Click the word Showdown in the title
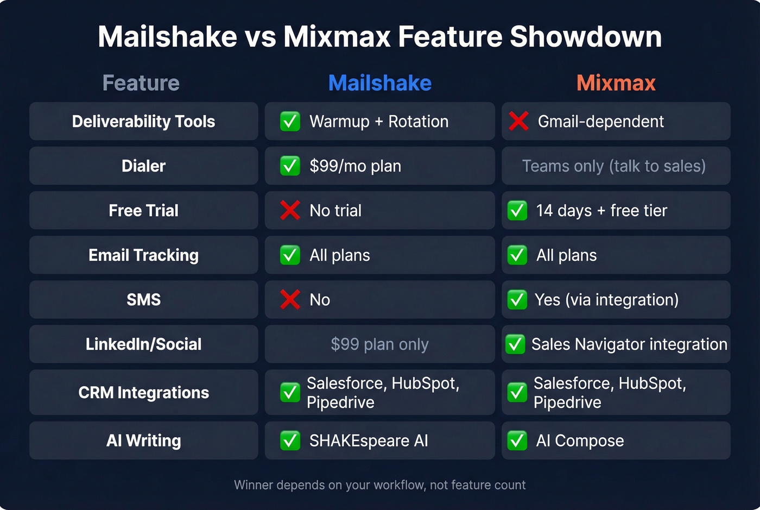585,37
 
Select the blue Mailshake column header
380,83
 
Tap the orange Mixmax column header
616,83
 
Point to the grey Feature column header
141,83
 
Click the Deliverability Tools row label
143,121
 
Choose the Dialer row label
143,166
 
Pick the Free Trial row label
143,210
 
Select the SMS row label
143,299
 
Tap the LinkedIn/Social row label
143,344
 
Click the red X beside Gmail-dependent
518,121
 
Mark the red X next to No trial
290,210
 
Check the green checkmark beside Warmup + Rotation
290,121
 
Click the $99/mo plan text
355,166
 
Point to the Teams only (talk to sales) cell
614,166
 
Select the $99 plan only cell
380,344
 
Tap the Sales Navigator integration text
629,344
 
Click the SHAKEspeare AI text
369,440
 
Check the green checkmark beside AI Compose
517,440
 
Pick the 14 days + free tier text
601,210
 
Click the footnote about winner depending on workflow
380,485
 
